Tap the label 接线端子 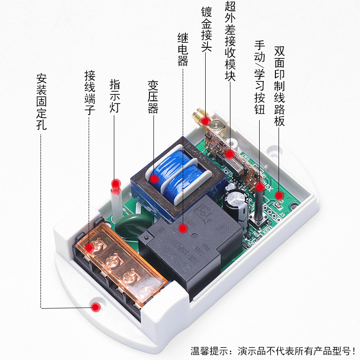click(x=90, y=92)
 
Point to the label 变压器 click(x=153, y=97)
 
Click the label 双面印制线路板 click(x=279, y=85)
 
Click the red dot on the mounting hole click(x=95, y=307)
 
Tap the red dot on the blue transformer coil click(x=154, y=179)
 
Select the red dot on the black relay click(x=182, y=228)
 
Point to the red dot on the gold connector click(x=206, y=121)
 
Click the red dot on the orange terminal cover click(x=90, y=247)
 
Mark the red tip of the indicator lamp click(x=117, y=184)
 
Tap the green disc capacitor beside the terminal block click(x=128, y=224)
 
